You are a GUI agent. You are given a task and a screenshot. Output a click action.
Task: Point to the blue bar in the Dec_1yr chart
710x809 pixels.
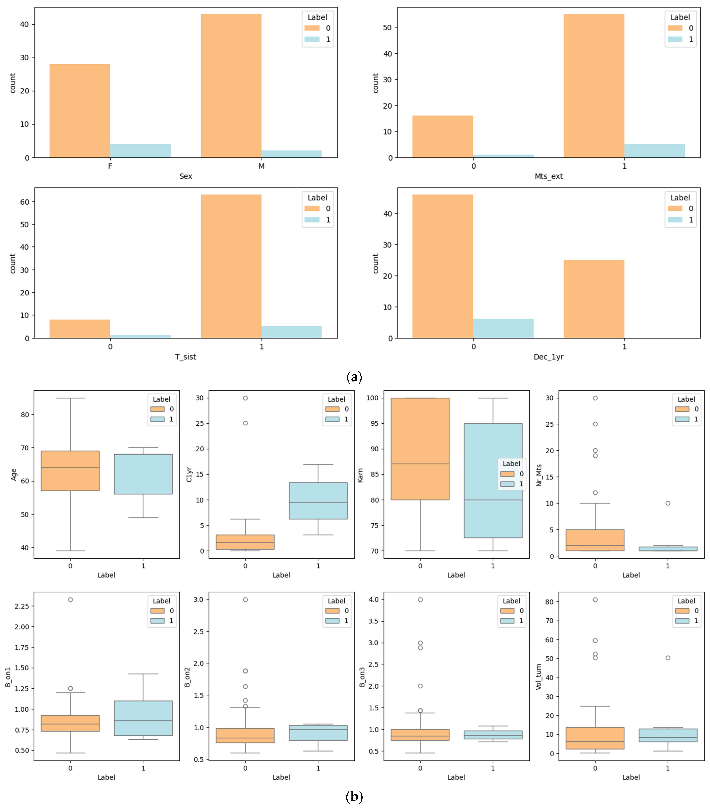click(x=503, y=329)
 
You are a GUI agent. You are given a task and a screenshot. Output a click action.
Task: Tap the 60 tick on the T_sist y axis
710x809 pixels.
click(x=25, y=202)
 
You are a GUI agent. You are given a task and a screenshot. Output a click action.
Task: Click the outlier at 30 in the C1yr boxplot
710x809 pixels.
click(x=245, y=398)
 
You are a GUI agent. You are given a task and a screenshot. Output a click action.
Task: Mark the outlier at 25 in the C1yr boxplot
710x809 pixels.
click(x=245, y=423)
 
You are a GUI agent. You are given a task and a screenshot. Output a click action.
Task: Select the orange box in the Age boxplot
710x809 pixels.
click(x=70, y=471)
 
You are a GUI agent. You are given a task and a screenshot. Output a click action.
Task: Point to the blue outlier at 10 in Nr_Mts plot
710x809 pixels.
click(x=668, y=503)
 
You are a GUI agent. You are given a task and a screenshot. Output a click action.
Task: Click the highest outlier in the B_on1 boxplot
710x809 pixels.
click(x=70, y=600)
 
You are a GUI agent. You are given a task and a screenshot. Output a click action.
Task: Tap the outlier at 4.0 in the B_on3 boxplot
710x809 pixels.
click(x=420, y=600)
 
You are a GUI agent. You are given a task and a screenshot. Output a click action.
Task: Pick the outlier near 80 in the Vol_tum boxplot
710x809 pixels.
click(x=595, y=600)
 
